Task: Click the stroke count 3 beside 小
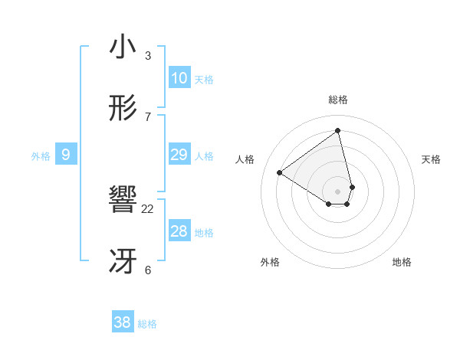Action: coord(148,55)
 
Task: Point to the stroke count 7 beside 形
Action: coord(148,116)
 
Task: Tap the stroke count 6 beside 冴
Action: coord(148,270)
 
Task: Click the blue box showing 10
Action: coord(179,78)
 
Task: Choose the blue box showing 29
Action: coord(179,155)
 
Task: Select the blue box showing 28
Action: coord(179,231)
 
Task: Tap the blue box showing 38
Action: coord(122,322)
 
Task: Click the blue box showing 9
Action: coord(66,155)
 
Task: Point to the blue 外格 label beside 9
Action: coord(41,156)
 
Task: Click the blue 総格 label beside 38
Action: coord(147,324)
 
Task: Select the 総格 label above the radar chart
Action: coord(338,100)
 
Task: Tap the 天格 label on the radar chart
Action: coord(432,159)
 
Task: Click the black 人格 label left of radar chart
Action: coord(245,159)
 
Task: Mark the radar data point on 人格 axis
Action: coord(280,173)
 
